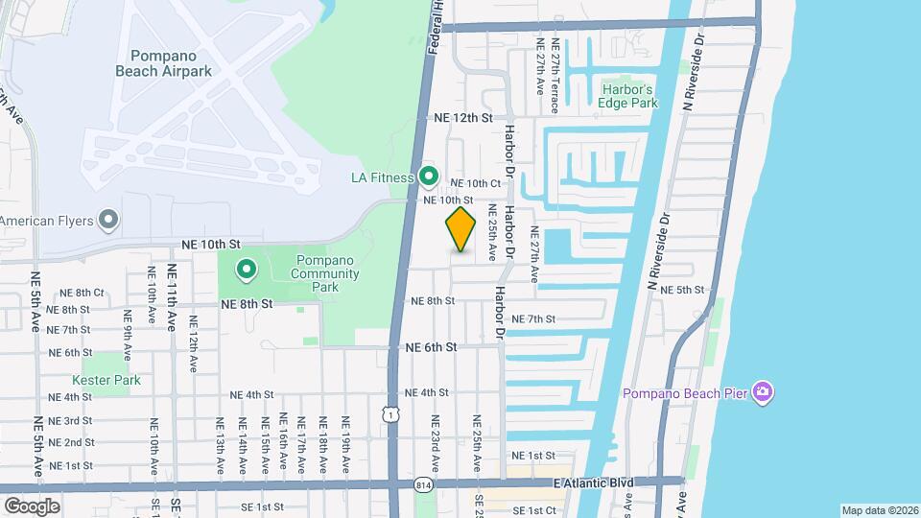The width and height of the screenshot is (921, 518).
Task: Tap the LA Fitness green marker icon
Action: point(430,177)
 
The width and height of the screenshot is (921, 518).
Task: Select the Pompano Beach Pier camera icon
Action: point(763,392)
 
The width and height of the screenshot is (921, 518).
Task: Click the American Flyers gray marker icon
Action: point(109,221)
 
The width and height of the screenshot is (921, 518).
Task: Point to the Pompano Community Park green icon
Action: point(246,270)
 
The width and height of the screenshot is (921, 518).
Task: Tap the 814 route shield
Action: point(423,485)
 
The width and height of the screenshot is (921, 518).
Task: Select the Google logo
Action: point(32,506)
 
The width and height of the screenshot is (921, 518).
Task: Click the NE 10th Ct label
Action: point(476,183)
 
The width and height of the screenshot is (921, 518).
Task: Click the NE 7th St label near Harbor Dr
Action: point(534,318)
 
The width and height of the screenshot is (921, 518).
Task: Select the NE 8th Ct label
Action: point(82,293)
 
